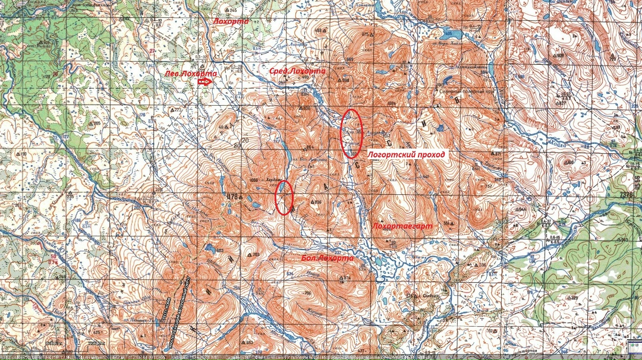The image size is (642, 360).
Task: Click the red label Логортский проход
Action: (406, 154)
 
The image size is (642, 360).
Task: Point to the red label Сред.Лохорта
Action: (298, 71)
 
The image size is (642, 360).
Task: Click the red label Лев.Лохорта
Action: (191, 73)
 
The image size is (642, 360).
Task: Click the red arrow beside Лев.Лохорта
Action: (204, 83)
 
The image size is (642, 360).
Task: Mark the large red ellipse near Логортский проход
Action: (351, 133)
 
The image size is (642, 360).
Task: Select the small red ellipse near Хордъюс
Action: (285, 197)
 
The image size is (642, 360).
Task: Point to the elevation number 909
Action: (560, 56)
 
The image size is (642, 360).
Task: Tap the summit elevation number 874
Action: (347, 278)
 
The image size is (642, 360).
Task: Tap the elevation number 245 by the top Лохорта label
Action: (232, 11)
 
